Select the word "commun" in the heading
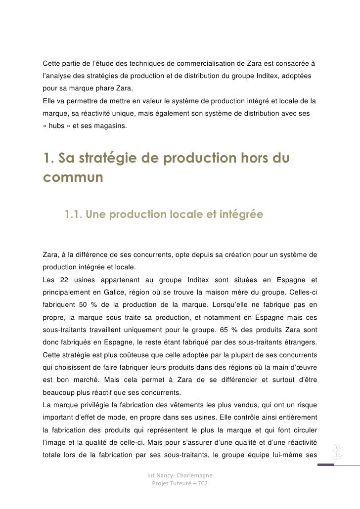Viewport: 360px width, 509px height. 74,177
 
